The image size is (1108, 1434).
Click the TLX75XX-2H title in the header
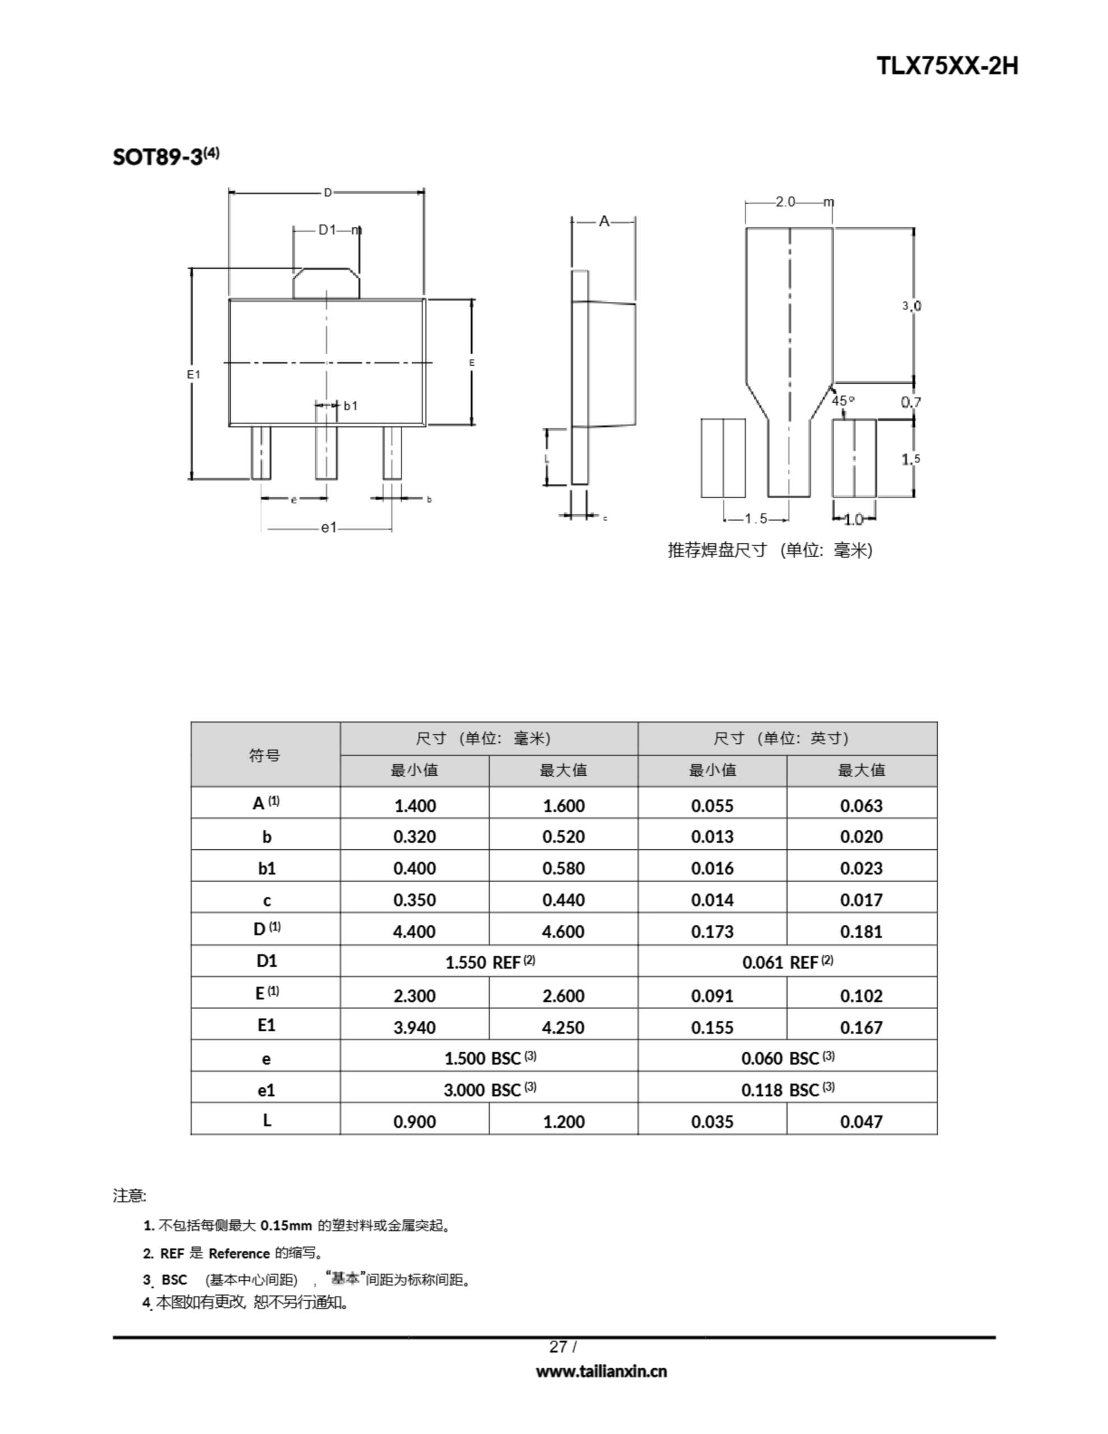click(x=947, y=66)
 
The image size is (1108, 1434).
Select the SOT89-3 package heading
click(x=165, y=157)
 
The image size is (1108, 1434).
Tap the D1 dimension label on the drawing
click(x=327, y=230)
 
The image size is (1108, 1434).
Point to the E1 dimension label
click(x=193, y=374)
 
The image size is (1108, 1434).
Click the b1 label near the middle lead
click(x=351, y=406)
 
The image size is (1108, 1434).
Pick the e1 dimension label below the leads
click(x=328, y=527)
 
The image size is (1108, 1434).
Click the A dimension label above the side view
click(x=604, y=222)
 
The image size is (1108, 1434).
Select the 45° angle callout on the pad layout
click(x=842, y=401)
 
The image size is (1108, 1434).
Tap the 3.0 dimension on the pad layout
click(x=911, y=306)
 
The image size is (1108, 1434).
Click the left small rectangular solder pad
click(x=723, y=458)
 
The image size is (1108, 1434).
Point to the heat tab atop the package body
click(x=326, y=283)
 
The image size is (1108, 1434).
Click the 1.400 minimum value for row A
click(x=415, y=806)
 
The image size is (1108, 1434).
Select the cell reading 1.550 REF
click(x=490, y=962)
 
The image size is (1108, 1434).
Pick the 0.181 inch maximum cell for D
click(x=861, y=932)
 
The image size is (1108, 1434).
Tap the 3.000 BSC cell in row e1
click(x=490, y=1090)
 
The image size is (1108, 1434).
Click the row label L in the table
click(x=266, y=1120)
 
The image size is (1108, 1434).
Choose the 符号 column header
click(x=265, y=755)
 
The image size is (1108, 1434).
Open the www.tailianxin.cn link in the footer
click(x=601, y=1371)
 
